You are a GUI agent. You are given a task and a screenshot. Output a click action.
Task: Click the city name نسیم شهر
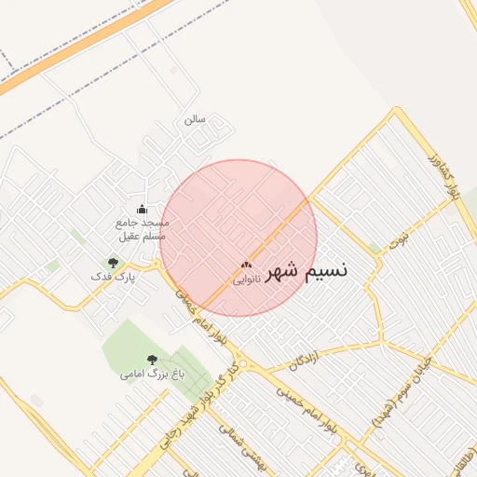click(x=307, y=270)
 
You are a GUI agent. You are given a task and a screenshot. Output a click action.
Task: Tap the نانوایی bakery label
click(x=246, y=279)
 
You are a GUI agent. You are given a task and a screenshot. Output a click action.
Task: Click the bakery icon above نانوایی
click(x=246, y=266)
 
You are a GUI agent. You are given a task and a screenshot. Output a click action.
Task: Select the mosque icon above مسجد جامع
click(x=142, y=209)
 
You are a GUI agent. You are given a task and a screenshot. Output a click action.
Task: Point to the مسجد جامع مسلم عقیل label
click(x=142, y=229)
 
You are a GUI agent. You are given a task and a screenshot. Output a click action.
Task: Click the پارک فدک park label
click(x=114, y=277)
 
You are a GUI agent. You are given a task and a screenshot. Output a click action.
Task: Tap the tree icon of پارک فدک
click(x=114, y=263)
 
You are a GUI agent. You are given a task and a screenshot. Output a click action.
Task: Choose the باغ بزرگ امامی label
click(x=153, y=374)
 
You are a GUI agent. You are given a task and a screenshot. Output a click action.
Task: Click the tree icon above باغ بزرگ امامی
click(x=152, y=360)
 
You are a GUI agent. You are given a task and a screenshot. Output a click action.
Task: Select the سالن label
click(x=194, y=119)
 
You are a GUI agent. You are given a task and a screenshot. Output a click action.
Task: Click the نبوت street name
click(x=400, y=239)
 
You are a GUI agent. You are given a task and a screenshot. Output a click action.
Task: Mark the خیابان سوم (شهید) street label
click(x=401, y=391)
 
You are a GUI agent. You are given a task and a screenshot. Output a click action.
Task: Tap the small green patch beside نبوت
click(x=375, y=248)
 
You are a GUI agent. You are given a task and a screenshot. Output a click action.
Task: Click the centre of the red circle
click(x=238, y=238)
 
